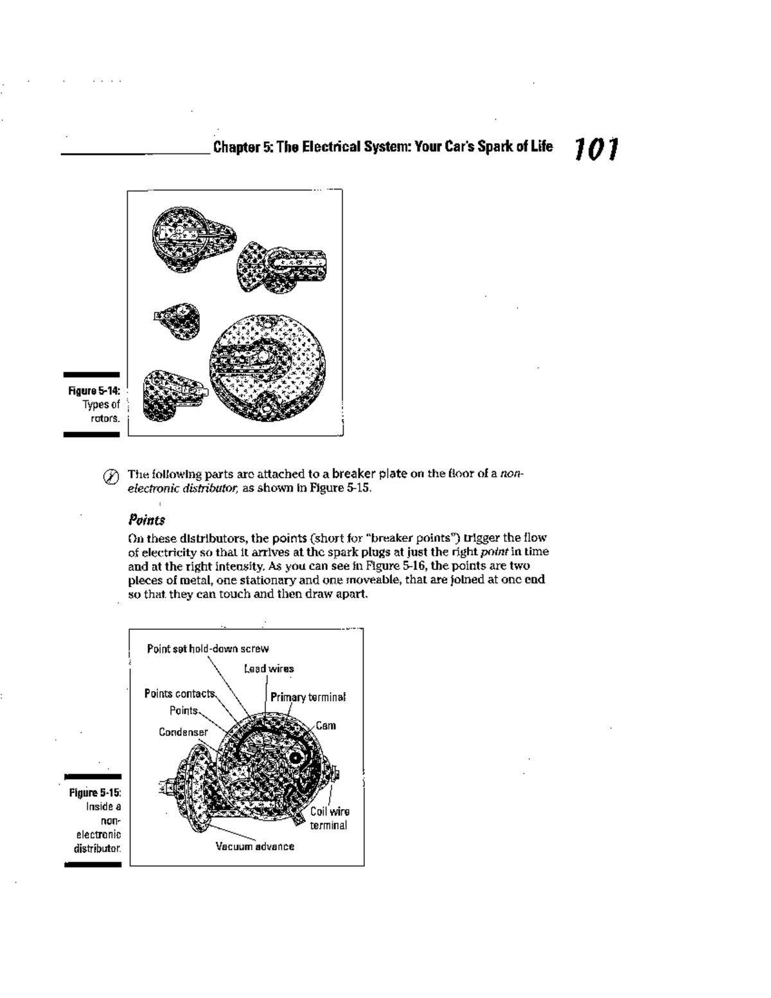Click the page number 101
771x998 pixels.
[597, 149]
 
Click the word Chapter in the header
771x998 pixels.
[235, 147]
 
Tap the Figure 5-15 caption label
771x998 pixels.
[95, 792]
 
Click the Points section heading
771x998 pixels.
[146, 519]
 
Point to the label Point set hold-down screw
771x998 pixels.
[208, 648]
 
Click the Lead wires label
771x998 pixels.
[269, 668]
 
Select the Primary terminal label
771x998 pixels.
[308, 697]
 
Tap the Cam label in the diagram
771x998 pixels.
[325, 726]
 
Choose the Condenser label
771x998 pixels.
[183, 732]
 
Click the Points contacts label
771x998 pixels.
[179, 693]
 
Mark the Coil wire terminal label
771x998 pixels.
[329, 818]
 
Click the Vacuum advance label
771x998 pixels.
[254, 846]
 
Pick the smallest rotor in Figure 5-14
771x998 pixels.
[178, 319]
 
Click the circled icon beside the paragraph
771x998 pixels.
[111, 477]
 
